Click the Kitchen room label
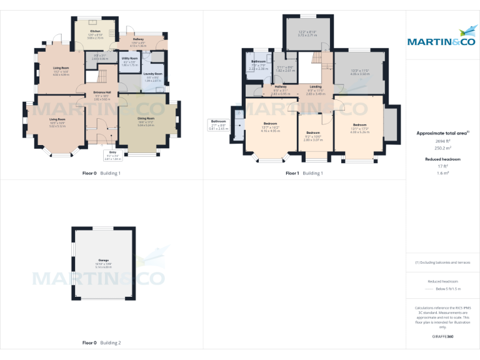click(x=95, y=31)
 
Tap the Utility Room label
click(x=129, y=58)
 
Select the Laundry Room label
click(x=153, y=74)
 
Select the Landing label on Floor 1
click(x=316, y=87)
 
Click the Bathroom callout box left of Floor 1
click(x=219, y=124)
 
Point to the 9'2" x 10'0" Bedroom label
click(x=312, y=133)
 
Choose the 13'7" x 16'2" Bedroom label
click(x=271, y=124)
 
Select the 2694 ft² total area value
click(x=442, y=142)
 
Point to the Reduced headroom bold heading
click(x=442, y=159)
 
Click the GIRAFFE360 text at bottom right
click(x=442, y=337)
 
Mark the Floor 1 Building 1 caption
click(x=304, y=173)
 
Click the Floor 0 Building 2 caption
click(x=101, y=342)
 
